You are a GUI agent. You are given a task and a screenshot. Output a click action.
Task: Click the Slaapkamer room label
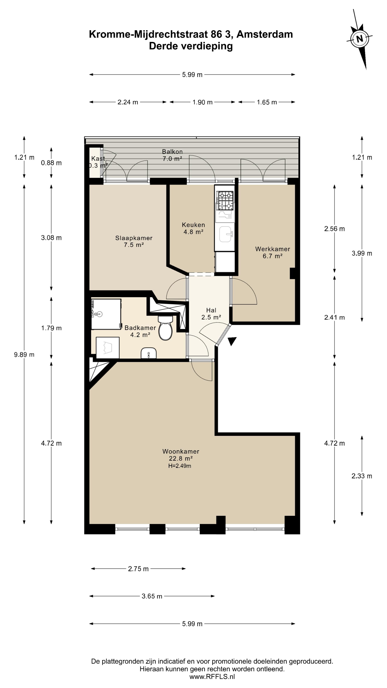pos(134,241)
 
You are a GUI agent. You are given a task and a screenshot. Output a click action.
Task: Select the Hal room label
pos(211,314)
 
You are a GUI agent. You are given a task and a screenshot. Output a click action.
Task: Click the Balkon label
pos(172,155)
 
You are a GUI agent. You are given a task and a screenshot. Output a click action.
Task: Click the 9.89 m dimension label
pos(24,355)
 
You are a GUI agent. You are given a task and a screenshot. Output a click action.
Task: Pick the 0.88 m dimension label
pos(51,163)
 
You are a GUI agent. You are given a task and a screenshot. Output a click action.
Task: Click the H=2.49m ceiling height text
pos(180,466)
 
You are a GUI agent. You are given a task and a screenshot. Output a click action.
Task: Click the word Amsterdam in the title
pos(265,34)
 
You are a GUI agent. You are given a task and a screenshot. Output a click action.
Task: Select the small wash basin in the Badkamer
pos(149,353)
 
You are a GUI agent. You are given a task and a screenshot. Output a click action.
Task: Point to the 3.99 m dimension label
pos(362,253)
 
